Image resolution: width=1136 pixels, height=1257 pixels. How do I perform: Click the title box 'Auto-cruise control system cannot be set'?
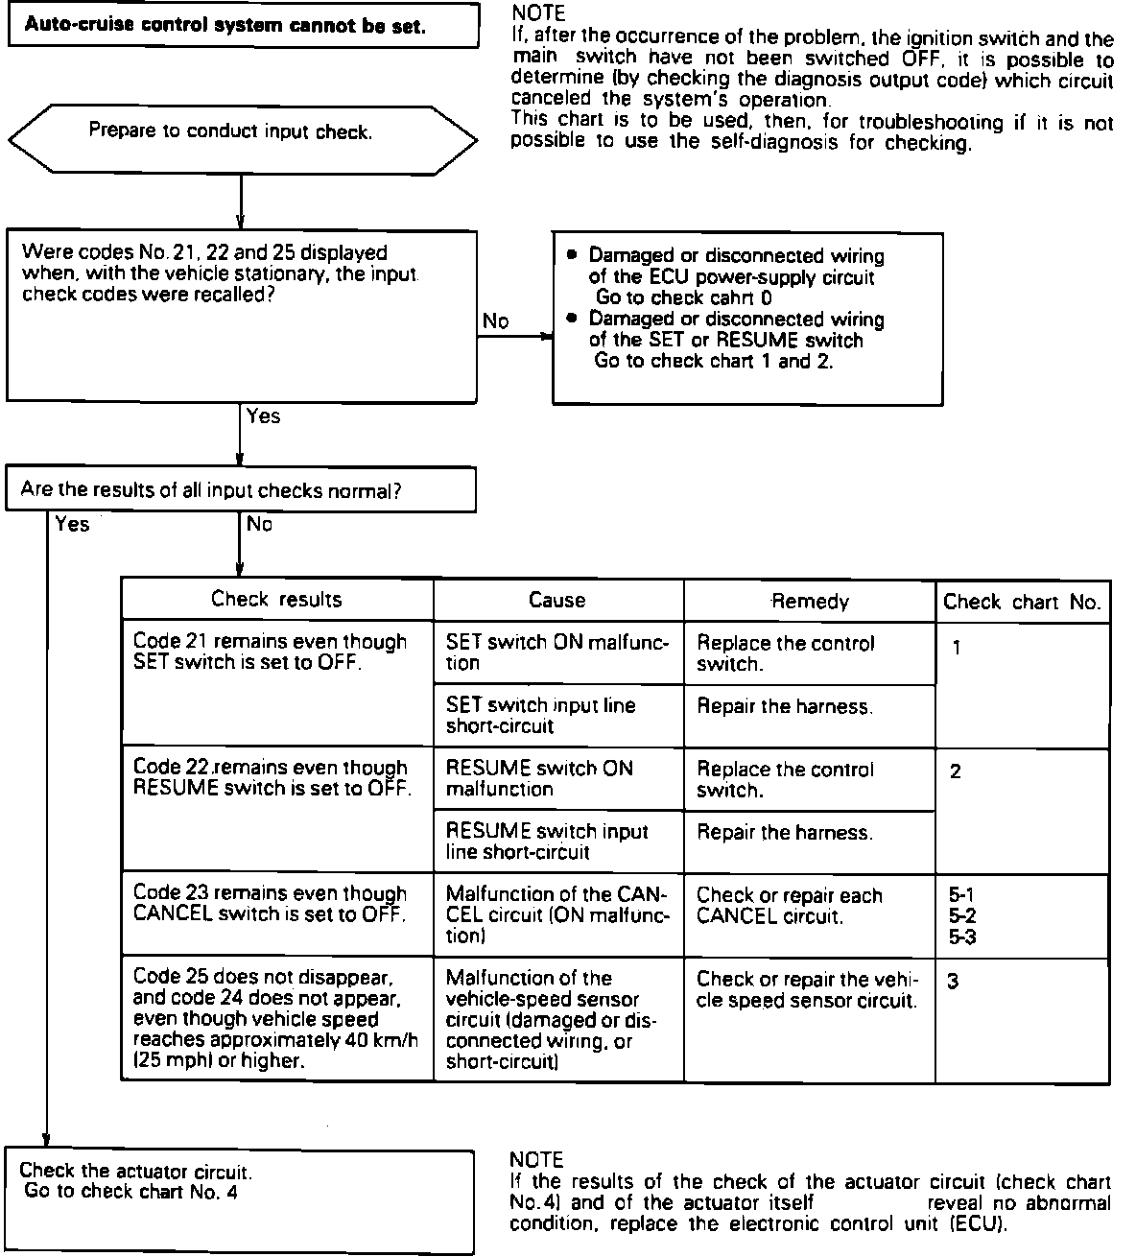point(243,25)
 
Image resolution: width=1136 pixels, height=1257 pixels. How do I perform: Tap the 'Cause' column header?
point(556,601)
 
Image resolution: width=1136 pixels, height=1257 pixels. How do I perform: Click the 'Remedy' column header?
point(810,602)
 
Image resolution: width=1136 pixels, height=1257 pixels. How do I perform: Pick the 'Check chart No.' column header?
point(1022,602)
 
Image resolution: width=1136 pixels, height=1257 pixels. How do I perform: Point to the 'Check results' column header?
point(276,600)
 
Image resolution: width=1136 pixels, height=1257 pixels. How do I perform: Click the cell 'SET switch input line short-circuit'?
point(558,715)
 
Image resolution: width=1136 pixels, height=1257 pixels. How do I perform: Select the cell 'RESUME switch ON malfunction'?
point(558,778)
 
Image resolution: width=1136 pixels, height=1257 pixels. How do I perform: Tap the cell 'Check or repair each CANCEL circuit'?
point(809,905)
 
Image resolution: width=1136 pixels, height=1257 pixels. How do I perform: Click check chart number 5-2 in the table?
point(962,915)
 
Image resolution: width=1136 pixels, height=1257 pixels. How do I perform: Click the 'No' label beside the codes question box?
point(495,321)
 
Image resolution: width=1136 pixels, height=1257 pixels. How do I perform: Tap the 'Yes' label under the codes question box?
point(263,416)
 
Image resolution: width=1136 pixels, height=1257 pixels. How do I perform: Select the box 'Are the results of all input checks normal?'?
point(240,490)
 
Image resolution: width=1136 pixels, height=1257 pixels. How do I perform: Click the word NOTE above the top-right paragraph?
point(538,13)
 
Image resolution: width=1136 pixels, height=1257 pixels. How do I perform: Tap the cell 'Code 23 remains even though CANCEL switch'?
point(277,904)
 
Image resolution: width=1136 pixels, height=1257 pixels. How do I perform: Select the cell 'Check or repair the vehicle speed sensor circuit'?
point(809,990)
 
